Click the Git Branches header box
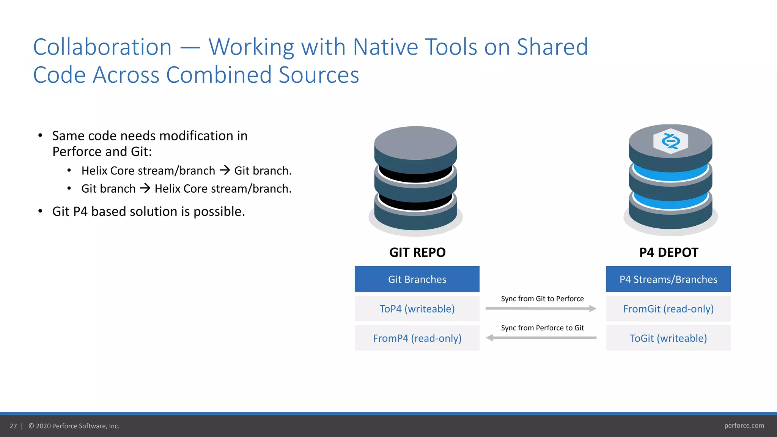point(417,279)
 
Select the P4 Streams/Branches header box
point(668,279)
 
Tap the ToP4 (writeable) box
point(417,309)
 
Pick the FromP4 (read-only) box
point(417,338)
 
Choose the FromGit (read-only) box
point(668,309)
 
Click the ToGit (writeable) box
point(668,338)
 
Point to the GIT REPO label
point(417,252)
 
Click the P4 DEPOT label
point(668,252)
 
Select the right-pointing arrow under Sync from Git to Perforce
point(541,309)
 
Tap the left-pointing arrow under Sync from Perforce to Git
point(541,338)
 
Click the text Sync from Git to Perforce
point(542,299)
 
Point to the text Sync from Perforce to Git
point(542,328)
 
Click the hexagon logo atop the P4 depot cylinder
point(670,141)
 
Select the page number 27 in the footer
point(13,426)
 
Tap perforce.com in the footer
point(744,426)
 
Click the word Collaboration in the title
point(102,47)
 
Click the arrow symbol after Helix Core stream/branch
point(225,170)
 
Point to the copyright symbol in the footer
point(31,426)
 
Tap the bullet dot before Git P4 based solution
point(40,211)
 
